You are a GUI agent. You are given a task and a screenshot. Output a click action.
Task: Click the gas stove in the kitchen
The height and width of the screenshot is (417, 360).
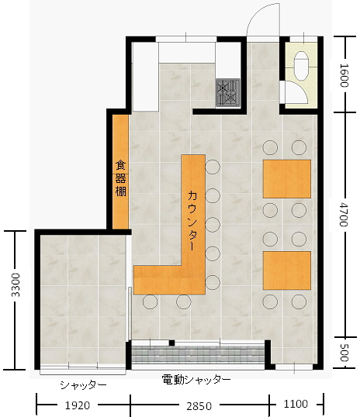[x=228, y=92]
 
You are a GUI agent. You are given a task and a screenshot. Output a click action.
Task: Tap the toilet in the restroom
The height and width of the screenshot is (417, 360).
[x=301, y=65]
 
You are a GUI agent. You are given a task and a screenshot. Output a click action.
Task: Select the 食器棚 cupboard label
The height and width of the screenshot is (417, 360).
[x=120, y=178]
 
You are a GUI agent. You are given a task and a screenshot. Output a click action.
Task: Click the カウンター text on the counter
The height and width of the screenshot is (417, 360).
[x=192, y=220]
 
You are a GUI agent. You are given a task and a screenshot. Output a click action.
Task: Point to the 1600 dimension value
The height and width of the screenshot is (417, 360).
[x=344, y=75]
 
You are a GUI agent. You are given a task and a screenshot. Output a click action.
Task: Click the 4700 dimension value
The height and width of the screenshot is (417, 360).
[x=344, y=215]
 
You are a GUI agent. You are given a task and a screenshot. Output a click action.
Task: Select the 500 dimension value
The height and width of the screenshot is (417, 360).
[x=344, y=353]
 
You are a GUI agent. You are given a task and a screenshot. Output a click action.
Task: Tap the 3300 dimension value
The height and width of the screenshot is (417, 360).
[x=16, y=284]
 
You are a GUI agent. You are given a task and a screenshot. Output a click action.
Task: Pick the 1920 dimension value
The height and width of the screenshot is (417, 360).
[x=78, y=405]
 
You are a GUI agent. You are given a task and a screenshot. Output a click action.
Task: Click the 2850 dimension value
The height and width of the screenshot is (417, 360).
[x=199, y=406]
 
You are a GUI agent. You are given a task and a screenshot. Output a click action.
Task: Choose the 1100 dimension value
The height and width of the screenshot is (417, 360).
[x=296, y=404]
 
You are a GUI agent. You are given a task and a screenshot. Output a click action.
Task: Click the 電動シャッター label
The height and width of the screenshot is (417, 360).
[x=196, y=380]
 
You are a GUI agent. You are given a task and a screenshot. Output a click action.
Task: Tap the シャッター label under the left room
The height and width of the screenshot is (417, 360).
[x=83, y=384]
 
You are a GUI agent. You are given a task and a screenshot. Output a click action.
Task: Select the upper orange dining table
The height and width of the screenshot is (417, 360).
[x=287, y=179]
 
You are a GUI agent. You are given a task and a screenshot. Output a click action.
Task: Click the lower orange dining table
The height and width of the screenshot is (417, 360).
[x=287, y=271]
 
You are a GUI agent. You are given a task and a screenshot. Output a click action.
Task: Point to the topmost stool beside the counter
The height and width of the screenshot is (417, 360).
[x=213, y=167]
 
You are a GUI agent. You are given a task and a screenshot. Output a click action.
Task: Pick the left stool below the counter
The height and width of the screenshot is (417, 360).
[x=150, y=302]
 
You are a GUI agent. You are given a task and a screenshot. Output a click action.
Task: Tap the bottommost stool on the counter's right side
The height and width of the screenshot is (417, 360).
[x=213, y=282]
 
